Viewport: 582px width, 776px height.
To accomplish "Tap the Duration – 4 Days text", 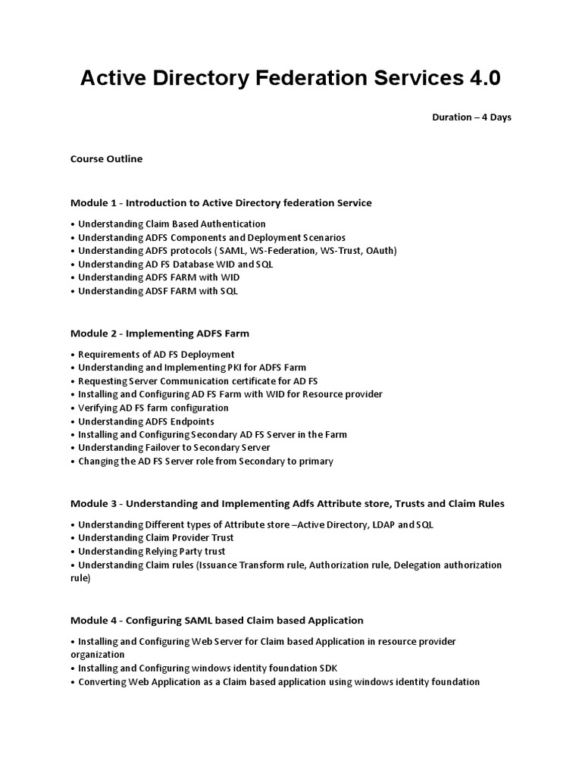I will (471, 117).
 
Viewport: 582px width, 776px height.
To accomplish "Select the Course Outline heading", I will (106, 159).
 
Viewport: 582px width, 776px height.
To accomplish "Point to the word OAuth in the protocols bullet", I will (377, 251).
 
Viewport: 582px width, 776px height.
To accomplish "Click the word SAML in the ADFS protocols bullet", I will (233, 251).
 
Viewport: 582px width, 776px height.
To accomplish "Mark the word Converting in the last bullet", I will (103, 682).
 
